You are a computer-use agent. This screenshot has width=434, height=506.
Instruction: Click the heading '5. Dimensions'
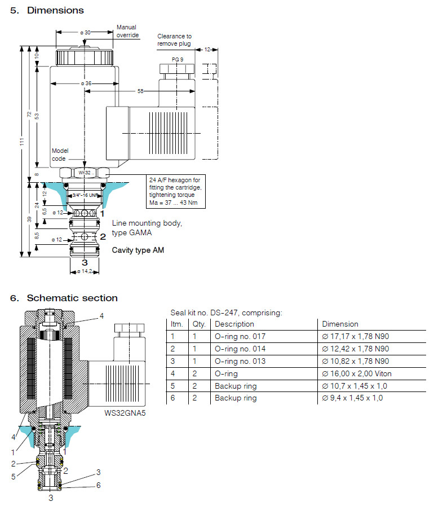(x=47, y=10)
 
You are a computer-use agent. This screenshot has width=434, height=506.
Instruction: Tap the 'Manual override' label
(x=126, y=31)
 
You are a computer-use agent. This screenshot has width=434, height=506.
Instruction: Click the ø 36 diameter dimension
(x=85, y=83)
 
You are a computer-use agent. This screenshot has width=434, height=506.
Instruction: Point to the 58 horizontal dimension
(x=140, y=90)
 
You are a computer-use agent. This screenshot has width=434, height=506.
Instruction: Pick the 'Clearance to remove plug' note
(x=174, y=40)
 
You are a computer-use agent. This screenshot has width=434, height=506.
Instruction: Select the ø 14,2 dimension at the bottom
(x=85, y=271)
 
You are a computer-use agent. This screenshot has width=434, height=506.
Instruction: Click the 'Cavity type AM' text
(x=138, y=249)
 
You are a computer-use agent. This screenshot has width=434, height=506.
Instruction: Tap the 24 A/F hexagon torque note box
(x=176, y=191)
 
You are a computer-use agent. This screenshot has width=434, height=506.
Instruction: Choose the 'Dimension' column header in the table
(x=340, y=324)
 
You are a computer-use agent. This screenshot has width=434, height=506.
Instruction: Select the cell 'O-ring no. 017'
(x=238, y=336)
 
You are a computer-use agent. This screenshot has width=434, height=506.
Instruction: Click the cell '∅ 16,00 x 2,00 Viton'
(x=356, y=373)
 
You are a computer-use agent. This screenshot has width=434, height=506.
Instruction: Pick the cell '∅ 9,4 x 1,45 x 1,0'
(x=352, y=398)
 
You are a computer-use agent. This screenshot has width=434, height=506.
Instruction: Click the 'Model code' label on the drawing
(x=60, y=155)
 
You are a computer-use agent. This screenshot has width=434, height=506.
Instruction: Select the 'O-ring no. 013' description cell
(x=238, y=361)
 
